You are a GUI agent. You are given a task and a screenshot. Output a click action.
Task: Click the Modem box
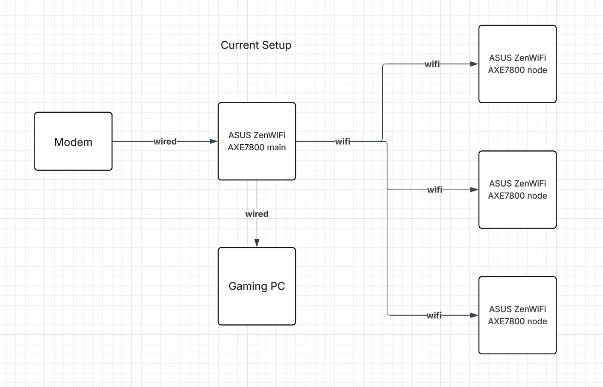(73, 141)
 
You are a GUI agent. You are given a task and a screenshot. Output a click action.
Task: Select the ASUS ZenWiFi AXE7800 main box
(256, 141)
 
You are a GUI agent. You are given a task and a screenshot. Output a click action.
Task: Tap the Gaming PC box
(256, 286)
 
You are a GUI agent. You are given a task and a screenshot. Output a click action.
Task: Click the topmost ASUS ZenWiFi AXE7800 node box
(518, 64)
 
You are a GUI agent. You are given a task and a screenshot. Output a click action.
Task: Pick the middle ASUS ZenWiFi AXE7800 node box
(518, 189)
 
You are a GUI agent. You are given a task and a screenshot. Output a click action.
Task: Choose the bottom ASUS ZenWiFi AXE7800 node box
(518, 315)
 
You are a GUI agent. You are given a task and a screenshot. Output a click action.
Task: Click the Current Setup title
(256, 45)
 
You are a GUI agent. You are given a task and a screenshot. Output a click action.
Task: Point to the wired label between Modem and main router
(165, 142)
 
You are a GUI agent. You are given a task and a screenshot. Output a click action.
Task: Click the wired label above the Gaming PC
(257, 214)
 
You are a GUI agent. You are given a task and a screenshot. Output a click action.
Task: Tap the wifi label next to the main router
(343, 142)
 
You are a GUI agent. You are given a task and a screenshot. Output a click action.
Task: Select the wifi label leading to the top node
(433, 64)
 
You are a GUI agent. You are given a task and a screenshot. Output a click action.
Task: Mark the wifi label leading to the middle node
(435, 190)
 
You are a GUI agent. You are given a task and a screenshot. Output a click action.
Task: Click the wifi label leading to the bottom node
(434, 316)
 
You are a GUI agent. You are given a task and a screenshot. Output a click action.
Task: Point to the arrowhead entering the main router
(214, 142)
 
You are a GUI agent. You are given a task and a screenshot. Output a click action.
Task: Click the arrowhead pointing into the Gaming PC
(257, 243)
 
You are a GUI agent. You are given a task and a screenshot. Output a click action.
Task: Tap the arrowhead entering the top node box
(474, 64)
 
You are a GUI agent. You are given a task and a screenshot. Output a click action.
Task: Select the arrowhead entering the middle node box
(474, 190)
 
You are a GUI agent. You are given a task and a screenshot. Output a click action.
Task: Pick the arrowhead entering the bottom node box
(474, 316)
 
